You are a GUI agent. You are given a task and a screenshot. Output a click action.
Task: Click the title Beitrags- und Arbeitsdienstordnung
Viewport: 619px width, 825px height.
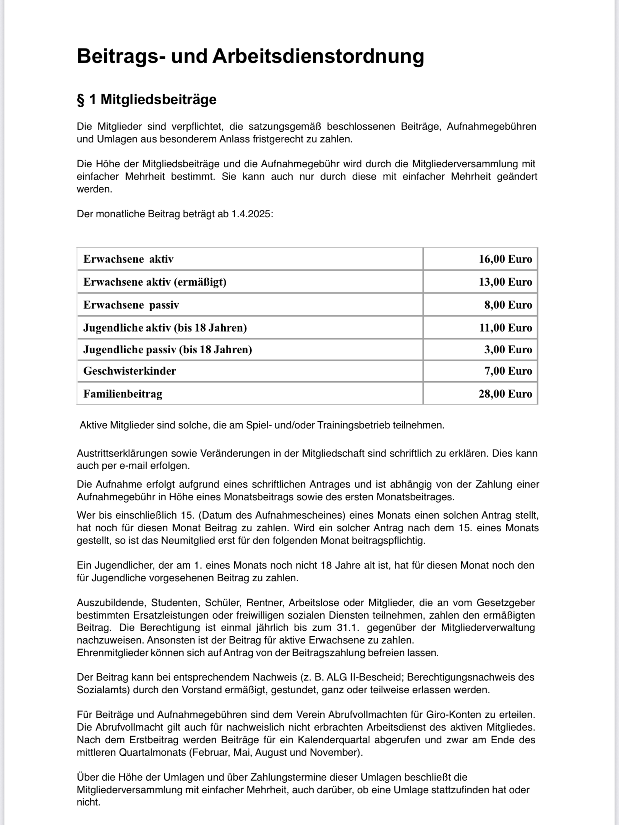(x=250, y=56)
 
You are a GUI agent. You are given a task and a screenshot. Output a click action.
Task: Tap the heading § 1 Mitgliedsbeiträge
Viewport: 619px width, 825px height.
(x=147, y=100)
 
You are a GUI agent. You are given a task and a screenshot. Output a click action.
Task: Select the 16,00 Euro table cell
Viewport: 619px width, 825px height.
(x=505, y=259)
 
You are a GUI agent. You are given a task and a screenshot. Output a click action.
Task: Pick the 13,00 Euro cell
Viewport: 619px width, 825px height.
(x=505, y=282)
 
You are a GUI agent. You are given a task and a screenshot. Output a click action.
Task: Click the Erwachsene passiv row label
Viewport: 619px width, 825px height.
(x=131, y=305)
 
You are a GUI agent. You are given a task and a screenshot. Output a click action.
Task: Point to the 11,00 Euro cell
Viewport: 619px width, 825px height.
(x=506, y=328)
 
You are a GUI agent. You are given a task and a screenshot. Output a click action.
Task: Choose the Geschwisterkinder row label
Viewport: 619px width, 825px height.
(x=130, y=371)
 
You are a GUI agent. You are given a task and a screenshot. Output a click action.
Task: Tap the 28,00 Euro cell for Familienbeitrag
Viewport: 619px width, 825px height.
(x=505, y=394)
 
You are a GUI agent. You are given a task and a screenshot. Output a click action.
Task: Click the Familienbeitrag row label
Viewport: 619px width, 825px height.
(x=123, y=394)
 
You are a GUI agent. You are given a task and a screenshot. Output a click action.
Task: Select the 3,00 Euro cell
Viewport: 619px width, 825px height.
(x=508, y=349)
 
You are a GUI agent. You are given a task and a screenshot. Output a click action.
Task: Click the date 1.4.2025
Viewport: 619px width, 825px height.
(x=251, y=214)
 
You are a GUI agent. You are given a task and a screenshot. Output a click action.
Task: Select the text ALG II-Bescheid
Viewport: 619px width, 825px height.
(x=365, y=677)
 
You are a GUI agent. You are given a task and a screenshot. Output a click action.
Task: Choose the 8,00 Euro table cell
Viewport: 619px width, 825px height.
(x=508, y=305)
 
